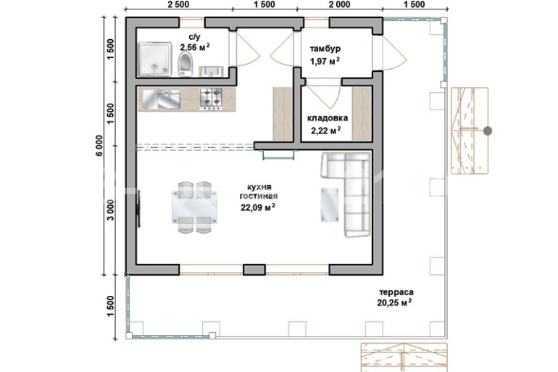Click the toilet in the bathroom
tap(185, 64)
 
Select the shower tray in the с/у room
tap(155, 59)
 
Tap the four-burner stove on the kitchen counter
tap(211, 98)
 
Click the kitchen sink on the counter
tap(162, 99)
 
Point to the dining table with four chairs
tap(194, 207)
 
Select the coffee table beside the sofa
tap(330, 204)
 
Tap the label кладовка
tap(328, 117)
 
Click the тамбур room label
tap(325, 49)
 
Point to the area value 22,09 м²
tap(258, 207)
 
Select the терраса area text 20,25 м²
tap(394, 302)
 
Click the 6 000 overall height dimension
tap(99, 146)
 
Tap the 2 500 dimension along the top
tap(178, 4)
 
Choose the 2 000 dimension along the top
tap(339, 4)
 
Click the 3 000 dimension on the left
tap(111, 210)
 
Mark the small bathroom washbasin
tap(211, 71)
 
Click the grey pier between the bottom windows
tap(254, 270)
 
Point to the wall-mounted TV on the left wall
tap(139, 209)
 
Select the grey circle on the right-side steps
tap(488, 131)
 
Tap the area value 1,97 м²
tap(325, 61)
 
